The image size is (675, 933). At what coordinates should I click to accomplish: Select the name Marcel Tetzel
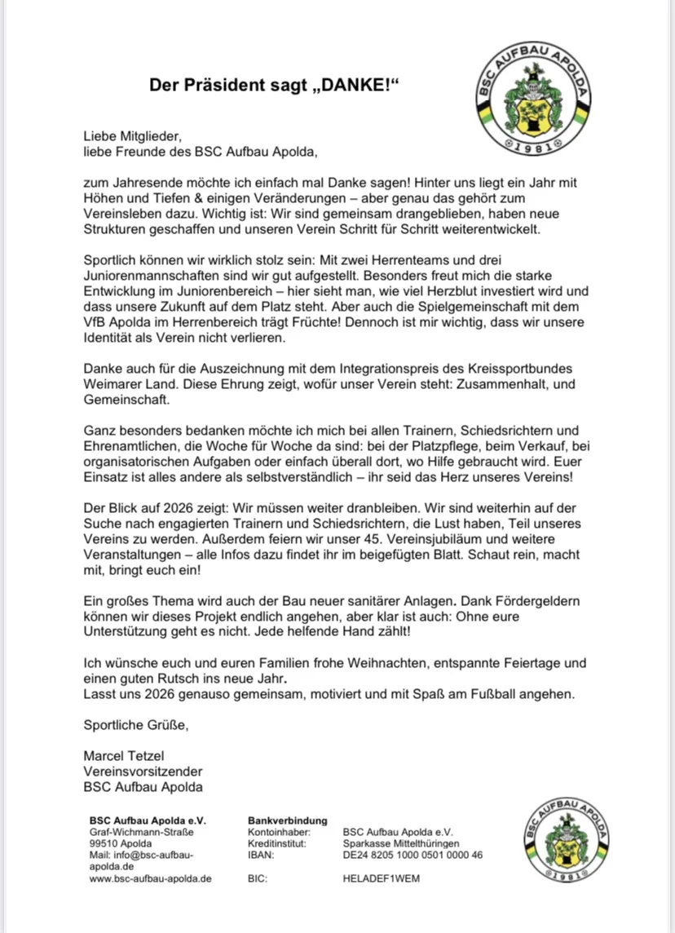(x=124, y=756)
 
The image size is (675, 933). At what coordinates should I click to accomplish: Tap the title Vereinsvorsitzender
(x=143, y=772)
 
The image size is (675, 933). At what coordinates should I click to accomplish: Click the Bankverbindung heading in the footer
(x=287, y=820)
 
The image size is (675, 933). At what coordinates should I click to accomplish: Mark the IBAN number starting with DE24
(x=413, y=855)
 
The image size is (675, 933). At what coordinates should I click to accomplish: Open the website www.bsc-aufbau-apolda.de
(x=151, y=879)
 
